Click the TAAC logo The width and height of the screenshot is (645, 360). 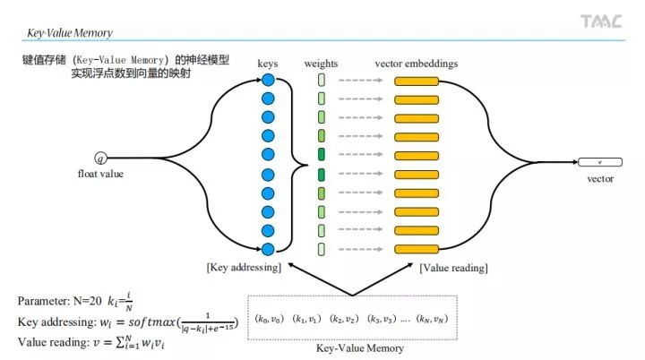(x=600, y=21)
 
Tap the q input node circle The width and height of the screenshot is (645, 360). (x=100, y=160)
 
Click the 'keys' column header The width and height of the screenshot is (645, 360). (x=268, y=64)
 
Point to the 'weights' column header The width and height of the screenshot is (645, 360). (x=321, y=64)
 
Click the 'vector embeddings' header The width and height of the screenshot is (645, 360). (x=417, y=64)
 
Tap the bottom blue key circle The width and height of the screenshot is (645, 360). (x=267, y=249)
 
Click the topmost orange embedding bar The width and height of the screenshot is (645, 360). (x=417, y=81)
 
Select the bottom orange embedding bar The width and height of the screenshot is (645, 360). (x=417, y=249)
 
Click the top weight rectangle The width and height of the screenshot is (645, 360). (x=321, y=81)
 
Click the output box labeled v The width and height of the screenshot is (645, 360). (x=599, y=162)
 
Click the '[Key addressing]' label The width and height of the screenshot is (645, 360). (x=244, y=267)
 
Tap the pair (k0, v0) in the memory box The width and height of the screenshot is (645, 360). (x=271, y=318)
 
